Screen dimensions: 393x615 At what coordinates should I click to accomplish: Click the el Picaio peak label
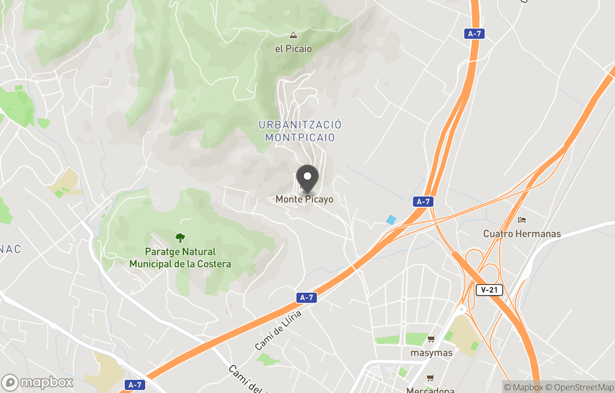[293, 49]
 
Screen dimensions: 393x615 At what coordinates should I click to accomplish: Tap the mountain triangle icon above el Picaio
[293, 35]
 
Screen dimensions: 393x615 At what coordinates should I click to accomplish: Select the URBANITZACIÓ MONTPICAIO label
[300, 131]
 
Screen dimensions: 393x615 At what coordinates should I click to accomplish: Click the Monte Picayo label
[304, 199]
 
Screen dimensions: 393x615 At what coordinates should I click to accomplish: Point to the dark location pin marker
[307, 178]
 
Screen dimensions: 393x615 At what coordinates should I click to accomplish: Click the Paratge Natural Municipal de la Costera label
[180, 258]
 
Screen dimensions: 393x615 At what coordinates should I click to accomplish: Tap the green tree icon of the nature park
[180, 238]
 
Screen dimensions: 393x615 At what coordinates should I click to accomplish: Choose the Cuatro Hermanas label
[522, 234]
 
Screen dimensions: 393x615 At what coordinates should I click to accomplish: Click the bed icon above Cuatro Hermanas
[522, 220]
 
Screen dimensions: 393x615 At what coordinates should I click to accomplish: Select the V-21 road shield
[489, 290]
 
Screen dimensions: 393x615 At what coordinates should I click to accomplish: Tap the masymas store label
[431, 353]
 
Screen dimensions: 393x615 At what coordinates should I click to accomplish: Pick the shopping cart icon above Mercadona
[430, 378]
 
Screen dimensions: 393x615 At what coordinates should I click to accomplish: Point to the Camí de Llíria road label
[277, 330]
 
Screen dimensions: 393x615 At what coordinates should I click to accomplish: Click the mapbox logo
[38, 382]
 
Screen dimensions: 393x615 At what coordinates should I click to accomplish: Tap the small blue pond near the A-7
[391, 220]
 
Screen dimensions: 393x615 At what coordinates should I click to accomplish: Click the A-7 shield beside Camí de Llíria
[306, 297]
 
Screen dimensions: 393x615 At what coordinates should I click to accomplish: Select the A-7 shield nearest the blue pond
[422, 202]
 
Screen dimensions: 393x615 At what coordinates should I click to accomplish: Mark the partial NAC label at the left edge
[10, 249]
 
